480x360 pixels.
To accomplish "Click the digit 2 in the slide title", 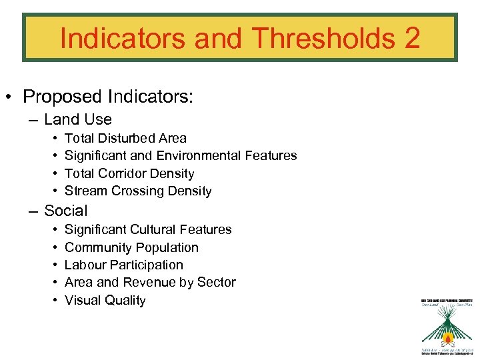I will [411, 38].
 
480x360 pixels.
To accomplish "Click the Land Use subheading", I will [77, 120].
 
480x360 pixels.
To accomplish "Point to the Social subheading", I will [65, 211].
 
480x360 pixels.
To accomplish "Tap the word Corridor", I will [126, 174].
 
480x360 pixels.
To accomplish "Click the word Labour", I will [86, 265].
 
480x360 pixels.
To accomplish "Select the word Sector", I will [215, 283].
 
